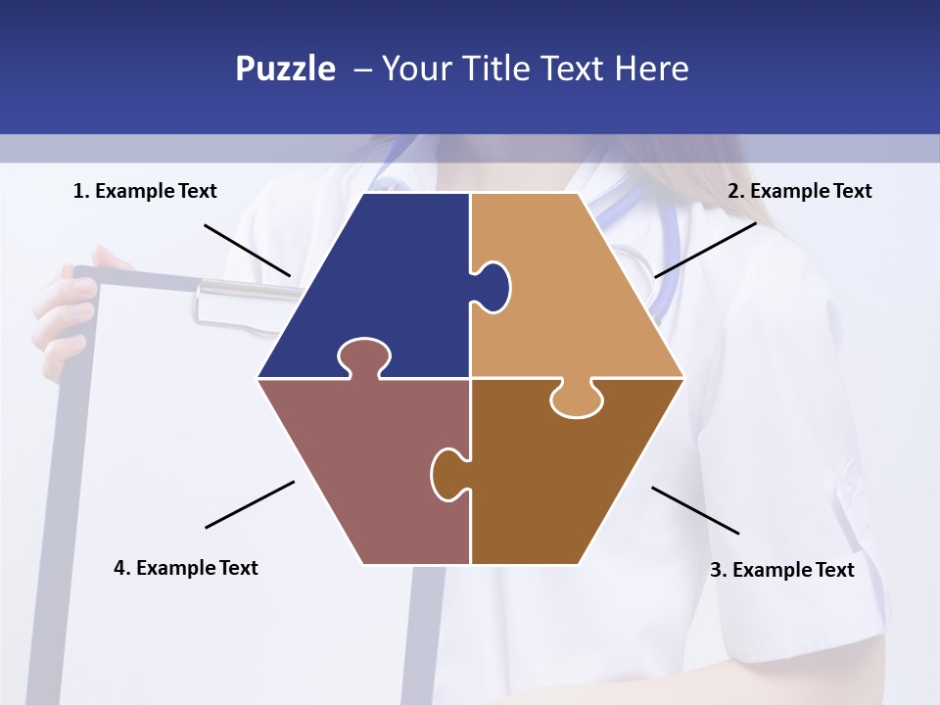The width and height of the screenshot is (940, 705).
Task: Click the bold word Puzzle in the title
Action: (285, 69)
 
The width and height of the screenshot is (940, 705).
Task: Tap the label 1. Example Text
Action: (145, 191)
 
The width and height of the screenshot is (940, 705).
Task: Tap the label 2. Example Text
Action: (799, 191)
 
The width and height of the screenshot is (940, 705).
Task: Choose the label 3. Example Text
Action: (781, 570)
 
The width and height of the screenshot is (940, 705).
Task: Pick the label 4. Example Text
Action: (186, 568)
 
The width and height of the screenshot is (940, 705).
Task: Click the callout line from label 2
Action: (705, 250)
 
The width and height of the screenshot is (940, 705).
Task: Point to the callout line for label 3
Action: (695, 510)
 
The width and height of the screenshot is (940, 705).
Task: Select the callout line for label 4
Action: (250, 504)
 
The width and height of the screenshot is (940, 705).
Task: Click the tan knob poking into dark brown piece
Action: (577, 399)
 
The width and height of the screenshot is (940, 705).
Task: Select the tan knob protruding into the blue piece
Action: (493, 285)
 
